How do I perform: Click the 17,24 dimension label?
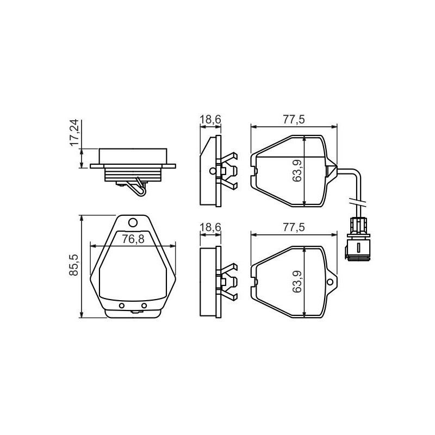coord(74,133)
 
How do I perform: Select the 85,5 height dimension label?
coord(74,265)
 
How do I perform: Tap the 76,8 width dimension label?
coord(133,239)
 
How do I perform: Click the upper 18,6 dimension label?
coord(210,120)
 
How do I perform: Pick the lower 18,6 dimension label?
coord(210,227)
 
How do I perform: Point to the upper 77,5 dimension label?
coord(294,119)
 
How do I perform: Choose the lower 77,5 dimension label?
coord(294,227)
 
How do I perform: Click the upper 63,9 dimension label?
coord(297,171)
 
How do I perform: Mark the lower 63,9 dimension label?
coord(297,282)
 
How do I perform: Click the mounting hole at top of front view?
coord(133,222)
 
